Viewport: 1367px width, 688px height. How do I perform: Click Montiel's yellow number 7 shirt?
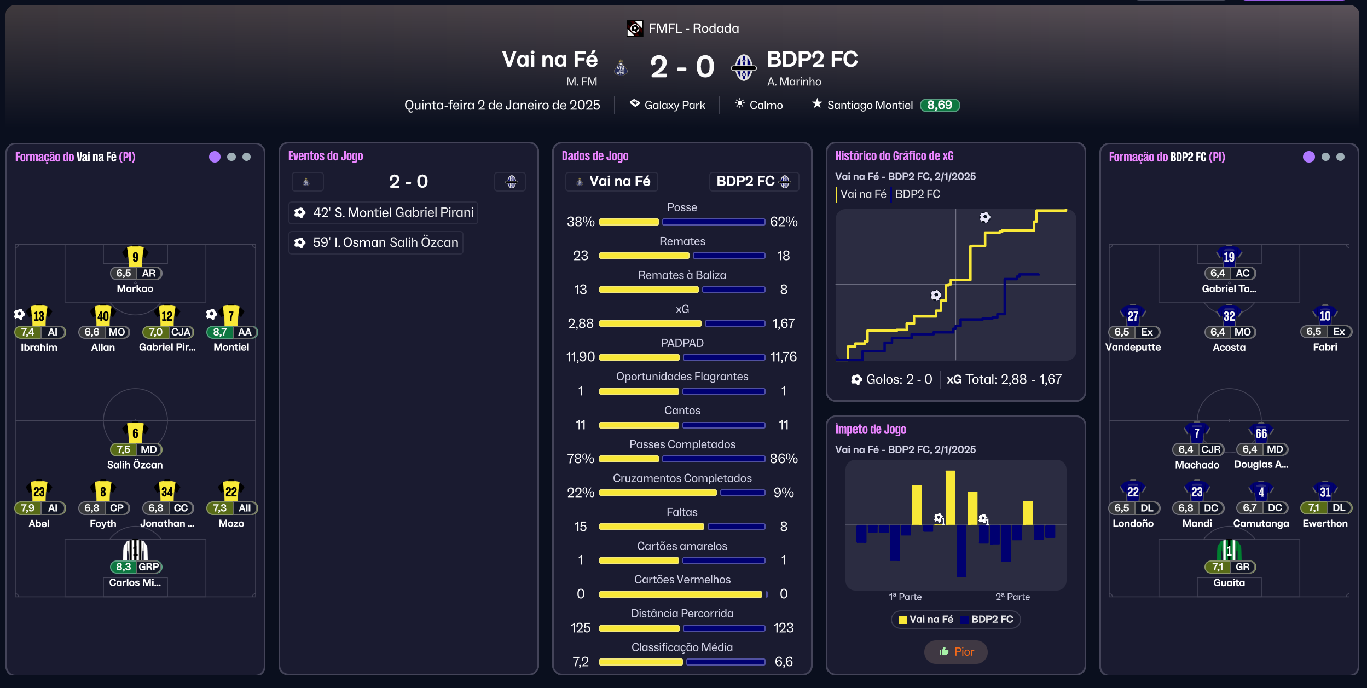click(x=231, y=315)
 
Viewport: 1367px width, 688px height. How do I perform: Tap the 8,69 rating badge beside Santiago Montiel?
click(x=940, y=105)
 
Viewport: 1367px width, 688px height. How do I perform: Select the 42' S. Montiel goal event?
click(x=383, y=213)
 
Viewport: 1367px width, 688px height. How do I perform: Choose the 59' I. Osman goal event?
click(x=376, y=242)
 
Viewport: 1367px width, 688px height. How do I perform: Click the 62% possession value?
click(x=783, y=222)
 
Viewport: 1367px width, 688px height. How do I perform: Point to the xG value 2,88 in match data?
click(x=581, y=323)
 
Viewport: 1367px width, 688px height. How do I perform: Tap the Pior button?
click(x=955, y=651)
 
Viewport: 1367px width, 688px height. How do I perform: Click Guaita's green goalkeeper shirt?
click(x=1229, y=550)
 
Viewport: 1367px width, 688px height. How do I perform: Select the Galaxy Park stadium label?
click(x=674, y=105)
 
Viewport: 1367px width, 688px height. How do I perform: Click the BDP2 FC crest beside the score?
click(x=744, y=67)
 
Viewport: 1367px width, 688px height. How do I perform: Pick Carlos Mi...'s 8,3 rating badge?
click(x=124, y=567)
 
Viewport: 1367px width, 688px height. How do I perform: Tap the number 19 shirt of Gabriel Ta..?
click(x=1229, y=256)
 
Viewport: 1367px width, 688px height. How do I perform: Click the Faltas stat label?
click(x=682, y=512)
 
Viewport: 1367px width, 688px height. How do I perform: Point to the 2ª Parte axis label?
click(x=1012, y=597)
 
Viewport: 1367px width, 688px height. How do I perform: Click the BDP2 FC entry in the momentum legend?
click(x=992, y=619)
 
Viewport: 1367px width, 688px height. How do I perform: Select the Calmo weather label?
click(x=766, y=105)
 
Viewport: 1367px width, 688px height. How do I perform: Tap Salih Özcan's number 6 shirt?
click(x=135, y=433)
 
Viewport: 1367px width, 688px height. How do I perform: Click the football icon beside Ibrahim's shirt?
click(x=20, y=314)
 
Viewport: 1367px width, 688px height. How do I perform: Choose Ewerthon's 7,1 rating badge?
click(x=1313, y=508)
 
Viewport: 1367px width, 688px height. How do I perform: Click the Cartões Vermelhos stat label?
click(x=682, y=580)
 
